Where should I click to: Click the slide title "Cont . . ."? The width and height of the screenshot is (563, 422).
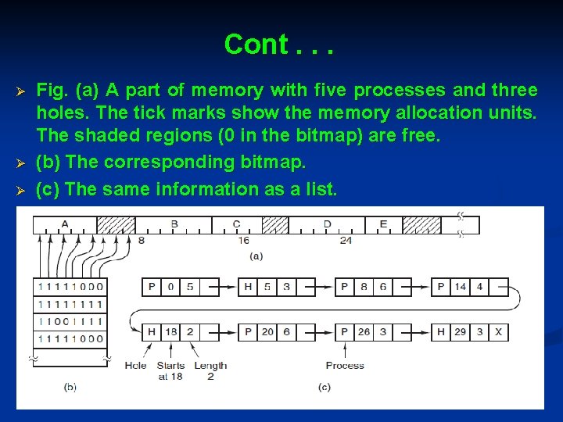pyautogui.click(x=278, y=45)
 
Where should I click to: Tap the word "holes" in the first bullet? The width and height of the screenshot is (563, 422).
pyautogui.click(x=59, y=113)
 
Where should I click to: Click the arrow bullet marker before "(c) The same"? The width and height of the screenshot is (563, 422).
pyautogui.click(x=22, y=190)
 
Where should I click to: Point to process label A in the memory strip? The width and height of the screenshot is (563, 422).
pyautogui.click(x=64, y=224)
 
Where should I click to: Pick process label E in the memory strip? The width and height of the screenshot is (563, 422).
pyautogui.click(x=383, y=224)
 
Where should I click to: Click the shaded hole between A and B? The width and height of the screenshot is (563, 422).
pyautogui.click(x=116, y=225)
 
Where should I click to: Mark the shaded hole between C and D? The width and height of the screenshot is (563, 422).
pyautogui.click(x=274, y=225)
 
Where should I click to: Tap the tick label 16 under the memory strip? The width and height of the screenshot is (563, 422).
pyautogui.click(x=245, y=241)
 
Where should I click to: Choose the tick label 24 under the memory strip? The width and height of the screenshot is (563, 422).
pyautogui.click(x=346, y=241)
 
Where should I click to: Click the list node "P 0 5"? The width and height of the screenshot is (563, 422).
pyautogui.click(x=170, y=287)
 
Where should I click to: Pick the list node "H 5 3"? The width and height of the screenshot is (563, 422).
pyautogui.click(x=267, y=287)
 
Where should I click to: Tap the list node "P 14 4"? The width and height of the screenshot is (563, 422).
pyautogui.click(x=461, y=287)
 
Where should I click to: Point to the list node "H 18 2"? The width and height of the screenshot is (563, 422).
pyautogui.click(x=170, y=332)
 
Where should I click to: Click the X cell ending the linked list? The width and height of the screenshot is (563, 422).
pyautogui.click(x=498, y=332)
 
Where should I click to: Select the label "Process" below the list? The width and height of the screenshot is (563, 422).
pyautogui.click(x=344, y=365)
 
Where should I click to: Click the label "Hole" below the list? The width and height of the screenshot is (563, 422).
pyautogui.click(x=135, y=365)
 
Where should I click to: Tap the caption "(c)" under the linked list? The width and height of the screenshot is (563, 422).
pyautogui.click(x=324, y=387)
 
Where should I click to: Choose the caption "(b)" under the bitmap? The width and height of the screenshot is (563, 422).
pyautogui.click(x=70, y=387)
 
